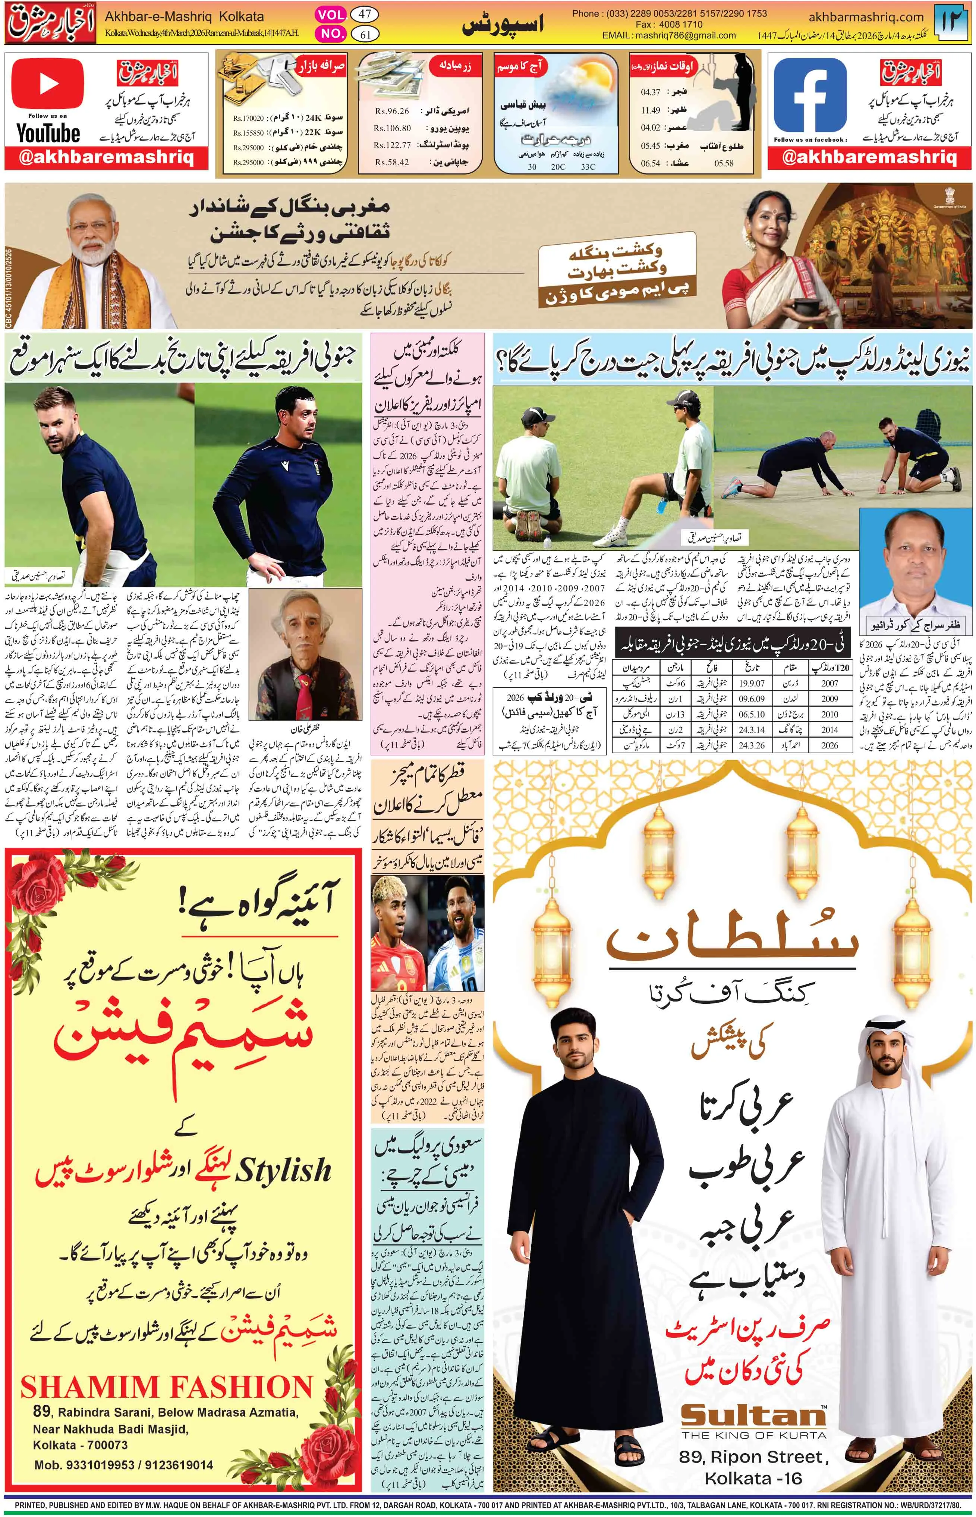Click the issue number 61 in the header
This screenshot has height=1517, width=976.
pos(365,34)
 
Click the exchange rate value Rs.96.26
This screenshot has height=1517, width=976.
pos(392,111)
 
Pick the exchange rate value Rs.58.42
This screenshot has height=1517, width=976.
pos(392,162)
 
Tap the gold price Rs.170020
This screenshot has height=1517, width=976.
pos(248,118)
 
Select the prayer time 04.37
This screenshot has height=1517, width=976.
pos(650,92)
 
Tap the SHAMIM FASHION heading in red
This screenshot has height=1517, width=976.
pos(167,1388)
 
